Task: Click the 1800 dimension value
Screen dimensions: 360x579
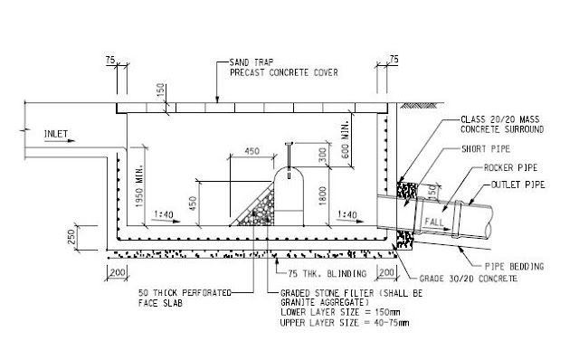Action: tap(322, 193)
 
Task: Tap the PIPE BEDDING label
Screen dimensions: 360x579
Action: tap(515, 267)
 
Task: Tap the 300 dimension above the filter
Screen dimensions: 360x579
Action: tap(323, 156)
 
